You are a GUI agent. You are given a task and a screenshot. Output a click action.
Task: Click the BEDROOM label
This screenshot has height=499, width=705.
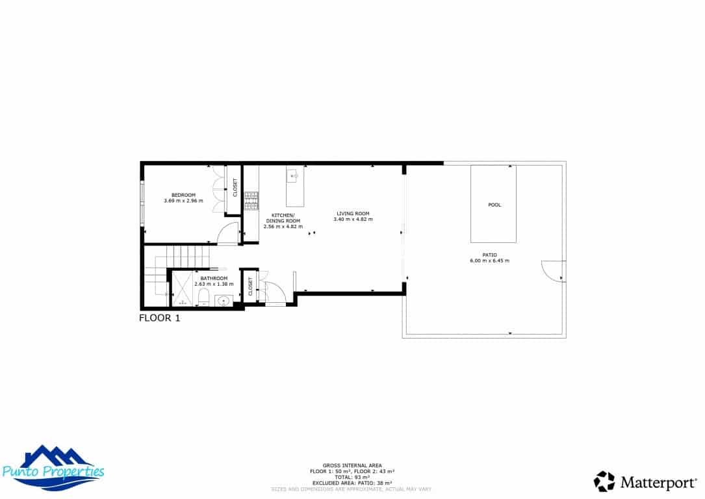click(x=183, y=195)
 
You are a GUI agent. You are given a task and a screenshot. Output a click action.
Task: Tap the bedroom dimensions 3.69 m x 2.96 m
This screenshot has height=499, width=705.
click(x=183, y=201)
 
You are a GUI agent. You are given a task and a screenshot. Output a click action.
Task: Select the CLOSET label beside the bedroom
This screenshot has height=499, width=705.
click(x=235, y=188)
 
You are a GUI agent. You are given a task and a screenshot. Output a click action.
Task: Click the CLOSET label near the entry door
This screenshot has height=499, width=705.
click(x=250, y=286)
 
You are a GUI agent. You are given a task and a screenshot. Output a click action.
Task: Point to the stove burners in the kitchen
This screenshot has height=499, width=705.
click(x=251, y=201)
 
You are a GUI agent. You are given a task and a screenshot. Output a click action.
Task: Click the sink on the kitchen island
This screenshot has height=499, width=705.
click(x=293, y=175)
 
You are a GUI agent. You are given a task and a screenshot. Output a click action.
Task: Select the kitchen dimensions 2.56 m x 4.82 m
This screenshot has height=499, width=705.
click(x=283, y=226)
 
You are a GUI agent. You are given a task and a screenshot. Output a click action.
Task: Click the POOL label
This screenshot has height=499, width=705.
click(x=494, y=205)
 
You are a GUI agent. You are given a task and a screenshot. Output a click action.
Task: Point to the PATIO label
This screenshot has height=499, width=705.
click(x=489, y=255)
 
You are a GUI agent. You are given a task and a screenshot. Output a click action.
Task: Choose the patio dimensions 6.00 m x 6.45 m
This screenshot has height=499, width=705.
click(x=489, y=261)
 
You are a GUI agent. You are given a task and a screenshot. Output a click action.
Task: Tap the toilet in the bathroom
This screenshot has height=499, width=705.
click(x=203, y=299)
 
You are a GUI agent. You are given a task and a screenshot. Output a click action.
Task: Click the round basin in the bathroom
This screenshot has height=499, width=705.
click(x=224, y=300)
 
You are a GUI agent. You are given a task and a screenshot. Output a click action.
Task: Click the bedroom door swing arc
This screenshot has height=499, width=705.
click(x=228, y=233)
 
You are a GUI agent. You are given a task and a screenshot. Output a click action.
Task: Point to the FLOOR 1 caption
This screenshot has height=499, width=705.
click(x=159, y=318)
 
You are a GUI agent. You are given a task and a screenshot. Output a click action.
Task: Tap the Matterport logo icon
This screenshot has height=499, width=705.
click(x=604, y=481)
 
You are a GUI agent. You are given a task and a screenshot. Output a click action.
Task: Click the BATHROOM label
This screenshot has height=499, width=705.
click(x=214, y=278)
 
